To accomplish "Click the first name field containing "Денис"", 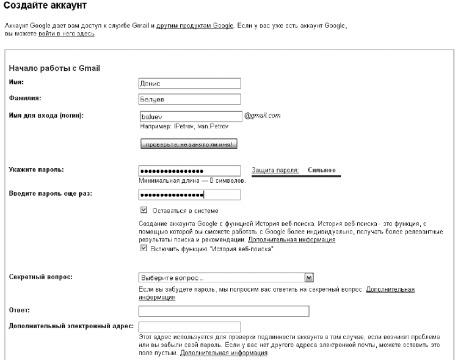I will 191,83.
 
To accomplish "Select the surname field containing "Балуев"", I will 191,98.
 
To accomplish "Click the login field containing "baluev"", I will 191,115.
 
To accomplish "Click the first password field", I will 191,171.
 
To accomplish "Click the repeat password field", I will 191,194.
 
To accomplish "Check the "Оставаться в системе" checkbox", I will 144,210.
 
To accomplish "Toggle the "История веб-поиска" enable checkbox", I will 144,249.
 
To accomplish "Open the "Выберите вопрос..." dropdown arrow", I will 309,276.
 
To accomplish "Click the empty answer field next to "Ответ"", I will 224,310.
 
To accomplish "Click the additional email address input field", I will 191,327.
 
